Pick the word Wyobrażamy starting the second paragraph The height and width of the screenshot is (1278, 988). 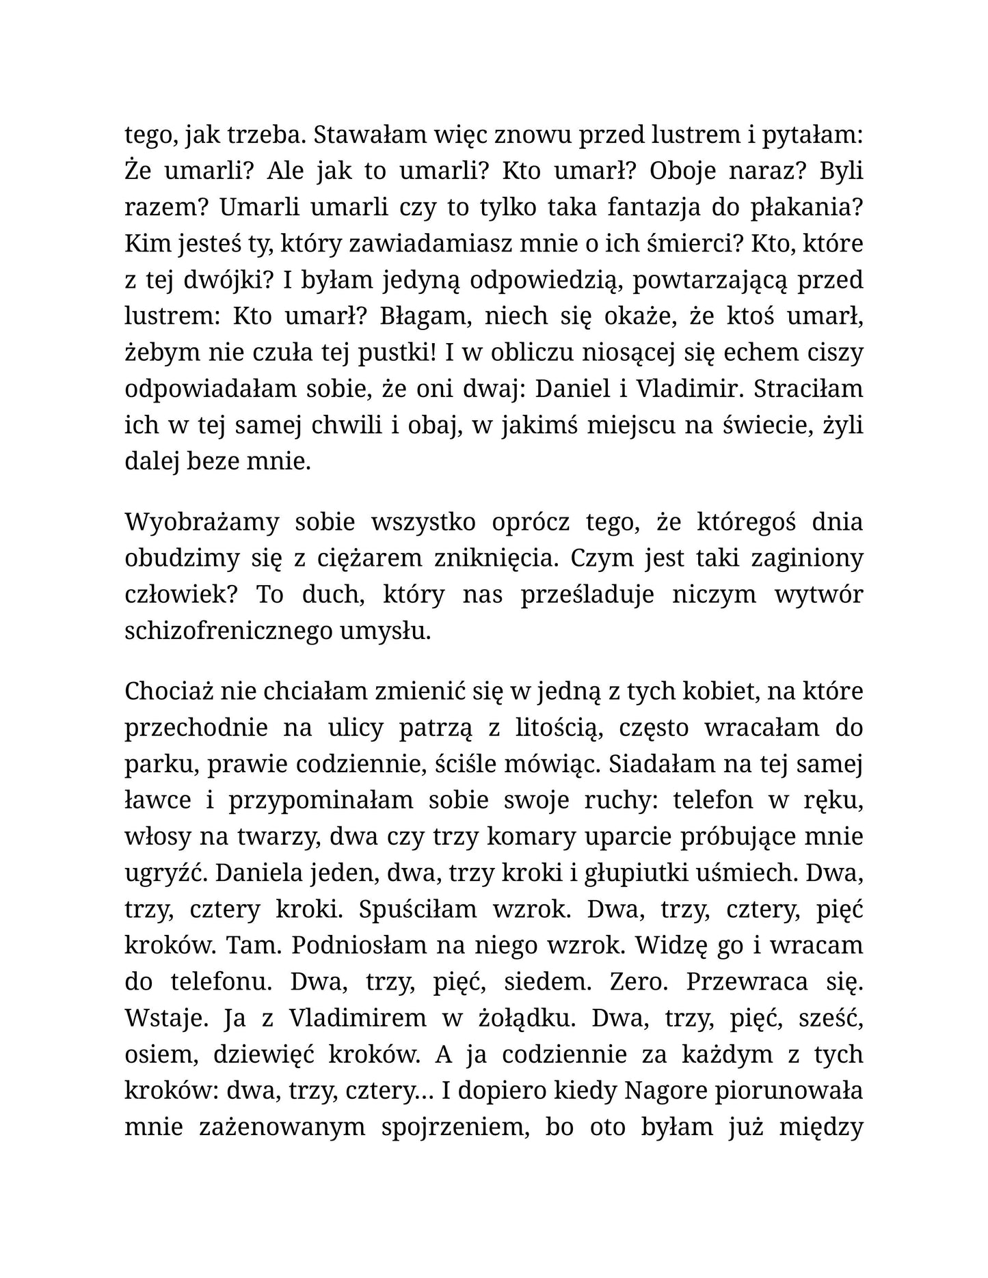[202, 523]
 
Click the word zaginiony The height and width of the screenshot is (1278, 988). [806, 559]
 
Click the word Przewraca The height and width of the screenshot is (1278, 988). [747, 982]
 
